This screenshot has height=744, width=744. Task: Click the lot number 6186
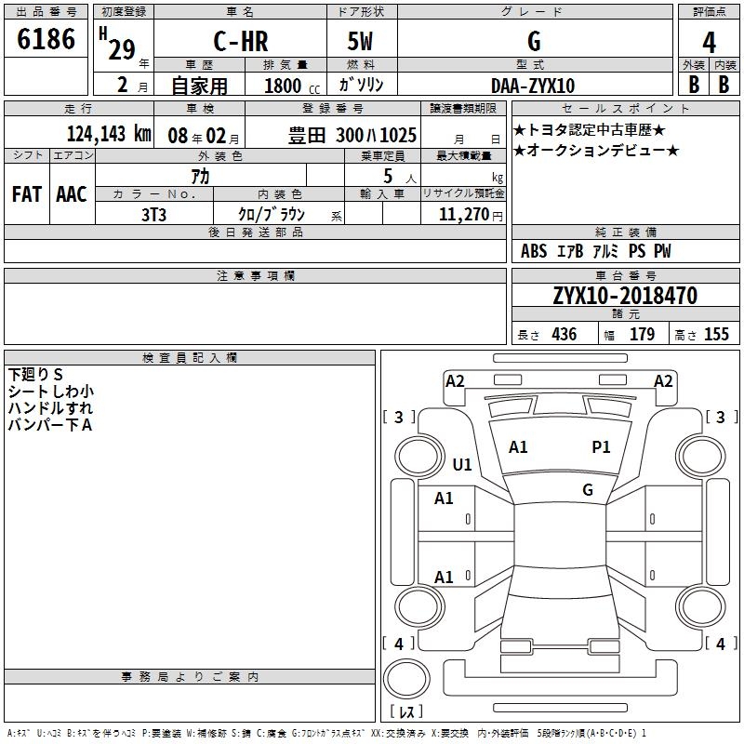click(46, 39)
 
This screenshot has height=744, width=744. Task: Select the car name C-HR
click(241, 41)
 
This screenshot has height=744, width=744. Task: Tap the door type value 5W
click(360, 41)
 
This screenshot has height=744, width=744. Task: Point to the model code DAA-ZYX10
click(533, 86)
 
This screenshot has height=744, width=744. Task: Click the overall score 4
click(709, 43)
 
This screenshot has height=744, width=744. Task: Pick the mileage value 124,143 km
click(109, 134)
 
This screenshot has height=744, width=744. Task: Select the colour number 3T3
click(153, 215)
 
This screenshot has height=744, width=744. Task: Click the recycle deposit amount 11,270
click(463, 215)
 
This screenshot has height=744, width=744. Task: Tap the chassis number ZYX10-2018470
click(625, 296)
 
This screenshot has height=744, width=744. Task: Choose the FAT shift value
click(27, 194)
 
